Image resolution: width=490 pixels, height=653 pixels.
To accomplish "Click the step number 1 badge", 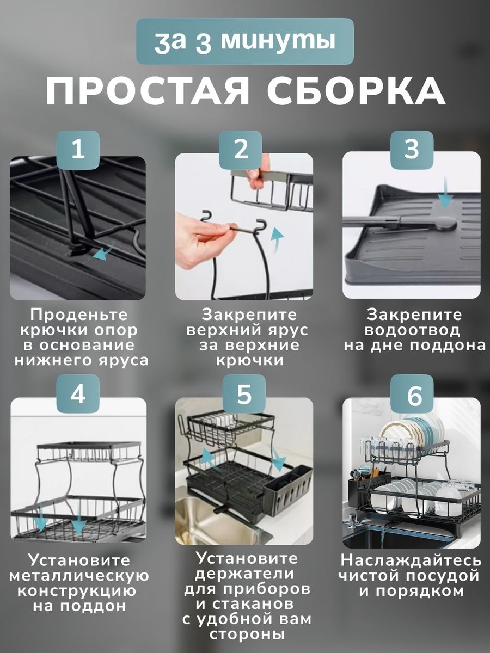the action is coord(78,150).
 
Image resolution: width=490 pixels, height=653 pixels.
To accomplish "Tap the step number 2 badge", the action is coord(241,150).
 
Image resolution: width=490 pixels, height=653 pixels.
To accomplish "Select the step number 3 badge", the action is coord(412,150).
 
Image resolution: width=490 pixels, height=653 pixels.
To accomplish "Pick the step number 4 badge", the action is coord(78,394).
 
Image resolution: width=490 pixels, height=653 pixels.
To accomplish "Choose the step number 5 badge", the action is coord(244,394).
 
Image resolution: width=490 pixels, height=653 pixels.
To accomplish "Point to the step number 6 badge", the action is coord(412,394).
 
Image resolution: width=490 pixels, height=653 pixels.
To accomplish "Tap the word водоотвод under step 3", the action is coord(412,330).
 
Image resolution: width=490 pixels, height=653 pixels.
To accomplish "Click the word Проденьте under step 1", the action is coord(79,315).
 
